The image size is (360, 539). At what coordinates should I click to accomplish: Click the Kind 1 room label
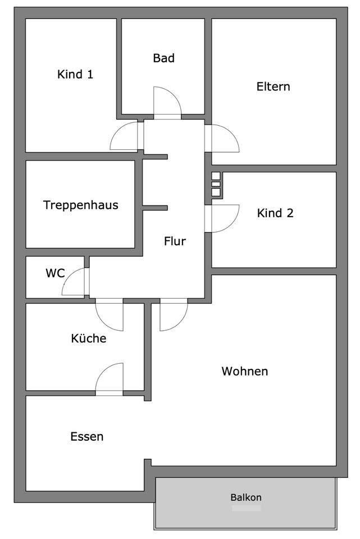(x=75, y=74)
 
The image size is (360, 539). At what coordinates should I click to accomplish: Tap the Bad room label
(x=163, y=58)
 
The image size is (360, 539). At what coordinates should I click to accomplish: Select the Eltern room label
(x=273, y=86)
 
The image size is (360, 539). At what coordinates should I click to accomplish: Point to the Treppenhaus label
(x=81, y=205)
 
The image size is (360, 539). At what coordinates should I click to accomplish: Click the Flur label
(x=175, y=241)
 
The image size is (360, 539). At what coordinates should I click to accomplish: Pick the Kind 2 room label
(x=275, y=213)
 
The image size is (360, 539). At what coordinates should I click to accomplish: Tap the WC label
(x=55, y=273)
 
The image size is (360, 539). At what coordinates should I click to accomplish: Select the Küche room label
(x=88, y=339)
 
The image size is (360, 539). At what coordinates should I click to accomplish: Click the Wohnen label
(x=244, y=371)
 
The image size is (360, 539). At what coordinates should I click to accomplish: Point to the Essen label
(x=87, y=436)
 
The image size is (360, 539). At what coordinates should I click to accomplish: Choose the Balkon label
(x=246, y=497)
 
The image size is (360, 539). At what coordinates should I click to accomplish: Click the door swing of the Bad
(x=167, y=102)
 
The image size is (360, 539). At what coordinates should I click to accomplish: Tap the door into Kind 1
(x=125, y=136)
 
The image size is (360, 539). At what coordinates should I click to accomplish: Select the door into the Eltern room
(x=223, y=138)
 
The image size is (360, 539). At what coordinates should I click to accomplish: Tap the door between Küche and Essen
(x=110, y=380)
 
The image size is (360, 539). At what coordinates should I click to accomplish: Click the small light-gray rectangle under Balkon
(x=246, y=508)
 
